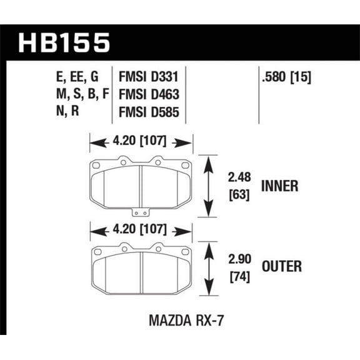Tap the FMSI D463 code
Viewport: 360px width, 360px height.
148,97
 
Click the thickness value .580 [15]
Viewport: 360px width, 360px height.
284,78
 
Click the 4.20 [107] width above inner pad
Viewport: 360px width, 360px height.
141,143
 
